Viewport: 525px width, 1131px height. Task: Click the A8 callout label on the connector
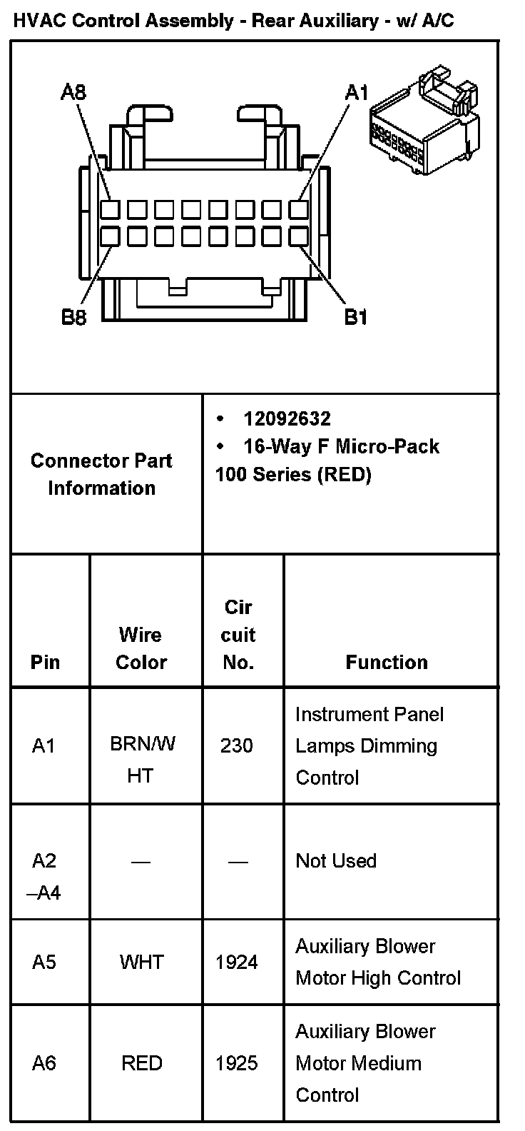[x=73, y=92]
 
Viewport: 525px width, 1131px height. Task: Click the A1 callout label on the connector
[x=356, y=92]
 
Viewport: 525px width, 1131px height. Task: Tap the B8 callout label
[x=73, y=317]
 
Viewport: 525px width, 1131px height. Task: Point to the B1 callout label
[x=356, y=317]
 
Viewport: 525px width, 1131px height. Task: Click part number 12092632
[x=287, y=418]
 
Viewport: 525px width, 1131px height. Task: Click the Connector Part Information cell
[x=101, y=474]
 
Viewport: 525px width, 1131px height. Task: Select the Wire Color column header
[x=141, y=648]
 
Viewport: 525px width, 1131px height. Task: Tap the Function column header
[x=387, y=663]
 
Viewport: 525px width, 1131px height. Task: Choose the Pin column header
[x=45, y=663]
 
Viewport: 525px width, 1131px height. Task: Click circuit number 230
[x=237, y=746]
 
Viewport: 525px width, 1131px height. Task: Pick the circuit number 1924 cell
[x=237, y=962]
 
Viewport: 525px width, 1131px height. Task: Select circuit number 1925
[x=237, y=1064]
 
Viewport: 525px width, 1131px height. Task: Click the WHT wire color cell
[x=141, y=962]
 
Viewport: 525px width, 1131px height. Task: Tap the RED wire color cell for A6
[x=141, y=1064]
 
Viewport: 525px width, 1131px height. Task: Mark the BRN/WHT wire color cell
[x=141, y=760]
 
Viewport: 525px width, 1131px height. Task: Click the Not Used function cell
[x=335, y=861]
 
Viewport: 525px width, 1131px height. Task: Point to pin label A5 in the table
[x=44, y=962]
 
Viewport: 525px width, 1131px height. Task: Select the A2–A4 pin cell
[x=46, y=877]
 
